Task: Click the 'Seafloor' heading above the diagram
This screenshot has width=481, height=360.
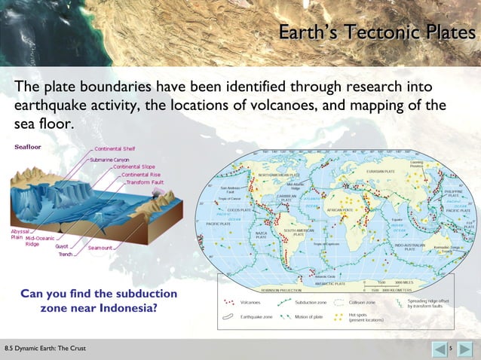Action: click(28, 148)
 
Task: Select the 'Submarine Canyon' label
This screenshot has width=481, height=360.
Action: click(115, 160)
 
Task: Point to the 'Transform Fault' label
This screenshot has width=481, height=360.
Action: click(145, 182)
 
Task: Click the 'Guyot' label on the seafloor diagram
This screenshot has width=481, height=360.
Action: click(62, 246)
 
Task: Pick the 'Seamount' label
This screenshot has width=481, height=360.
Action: click(100, 247)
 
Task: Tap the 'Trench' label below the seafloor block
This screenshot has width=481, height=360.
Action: click(66, 255)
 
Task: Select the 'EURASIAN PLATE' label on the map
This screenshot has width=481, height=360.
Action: click(381, 172)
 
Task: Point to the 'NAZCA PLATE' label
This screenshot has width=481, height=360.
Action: click(261, 235)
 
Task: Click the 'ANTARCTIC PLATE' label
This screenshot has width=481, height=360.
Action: click(330, 284)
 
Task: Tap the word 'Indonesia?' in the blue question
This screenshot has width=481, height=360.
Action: click(124, 308)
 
